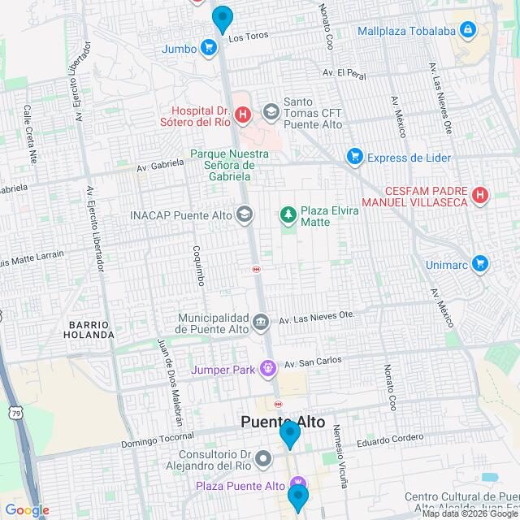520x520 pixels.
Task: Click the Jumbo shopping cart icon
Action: [209, 48]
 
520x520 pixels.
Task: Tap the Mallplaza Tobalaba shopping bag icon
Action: [466, 31]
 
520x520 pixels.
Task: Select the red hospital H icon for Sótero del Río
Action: [242, 116]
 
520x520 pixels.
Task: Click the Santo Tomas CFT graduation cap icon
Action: [270, 110]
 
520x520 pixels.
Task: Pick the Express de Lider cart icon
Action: [353, 156]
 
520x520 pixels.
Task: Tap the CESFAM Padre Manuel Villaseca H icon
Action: [480, 195]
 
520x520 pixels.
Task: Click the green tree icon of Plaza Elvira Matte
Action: [287, 214]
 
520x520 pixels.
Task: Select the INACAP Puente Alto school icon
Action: [244, 214]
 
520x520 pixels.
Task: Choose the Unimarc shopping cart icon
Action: [480, 263]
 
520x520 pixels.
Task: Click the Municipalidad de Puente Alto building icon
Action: [260, 322]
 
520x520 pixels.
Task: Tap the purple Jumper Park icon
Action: [266, 370]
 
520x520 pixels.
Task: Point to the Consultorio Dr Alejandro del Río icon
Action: [263, 460]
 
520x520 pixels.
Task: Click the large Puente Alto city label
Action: [283, 422]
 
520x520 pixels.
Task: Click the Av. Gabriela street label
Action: [160, 166]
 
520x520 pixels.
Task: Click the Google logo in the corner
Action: [27, 510]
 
